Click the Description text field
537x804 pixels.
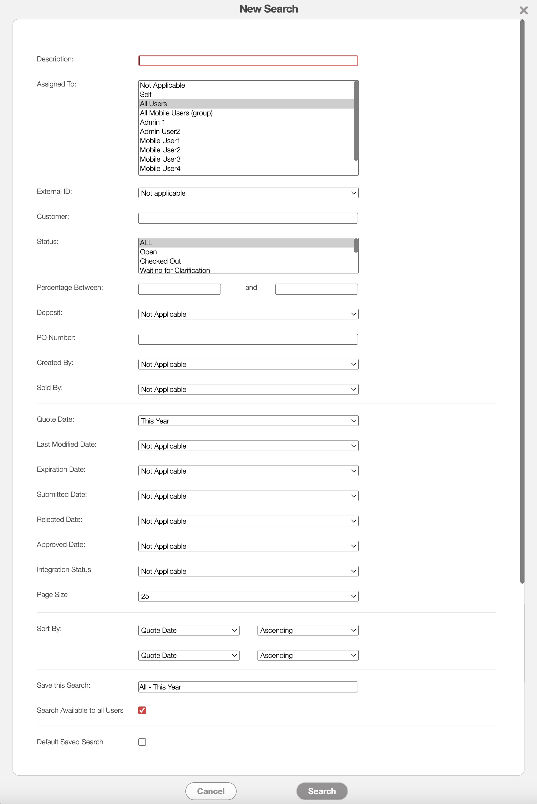point(248,61)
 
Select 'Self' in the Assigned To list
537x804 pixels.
point(145,95)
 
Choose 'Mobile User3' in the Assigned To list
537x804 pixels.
point(160,159)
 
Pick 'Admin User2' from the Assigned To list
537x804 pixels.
point(160,132)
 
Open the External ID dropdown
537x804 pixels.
point(248,193)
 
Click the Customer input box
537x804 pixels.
point(248,218)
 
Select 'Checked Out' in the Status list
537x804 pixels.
point(160,261)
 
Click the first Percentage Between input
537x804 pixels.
point(179,289)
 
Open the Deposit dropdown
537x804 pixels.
point(248,314)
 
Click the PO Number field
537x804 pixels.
point(248,339)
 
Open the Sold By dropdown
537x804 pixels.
point(248,389)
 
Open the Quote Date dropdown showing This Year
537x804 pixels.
point(248,421)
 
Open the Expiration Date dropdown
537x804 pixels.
point(248,471)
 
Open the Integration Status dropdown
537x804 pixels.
point(248,571)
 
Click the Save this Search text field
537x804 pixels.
point(248,687)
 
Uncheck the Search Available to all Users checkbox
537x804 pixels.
point(142,710)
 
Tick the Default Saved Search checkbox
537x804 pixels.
point(142,742)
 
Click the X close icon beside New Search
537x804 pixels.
point(523,10)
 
